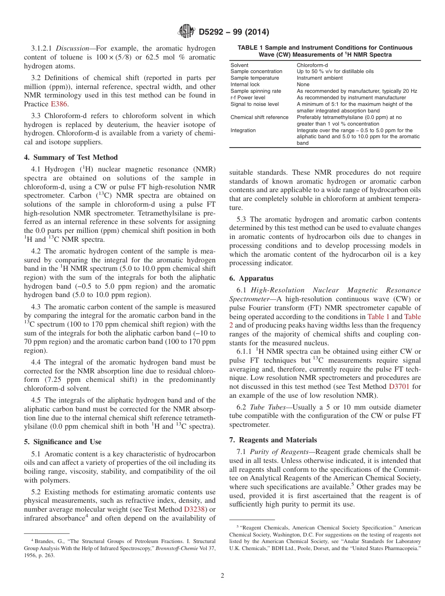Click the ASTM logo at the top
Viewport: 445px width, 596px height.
186,32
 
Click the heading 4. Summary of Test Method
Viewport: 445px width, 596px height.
71,157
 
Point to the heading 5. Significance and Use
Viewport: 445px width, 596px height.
62,442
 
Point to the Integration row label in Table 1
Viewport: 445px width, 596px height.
243,130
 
